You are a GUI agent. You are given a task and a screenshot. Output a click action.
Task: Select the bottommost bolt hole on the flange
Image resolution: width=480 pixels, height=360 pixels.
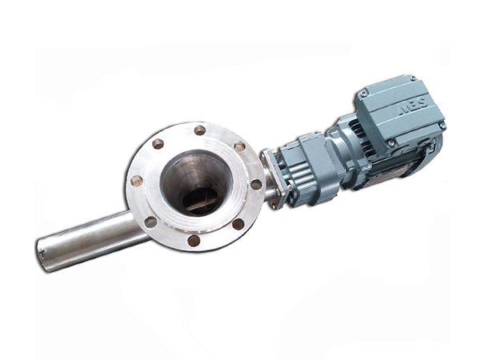194,239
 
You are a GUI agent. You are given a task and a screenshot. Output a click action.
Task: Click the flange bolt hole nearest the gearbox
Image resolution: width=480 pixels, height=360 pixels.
255,184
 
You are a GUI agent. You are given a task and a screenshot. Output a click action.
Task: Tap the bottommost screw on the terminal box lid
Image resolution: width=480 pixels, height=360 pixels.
391,143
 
